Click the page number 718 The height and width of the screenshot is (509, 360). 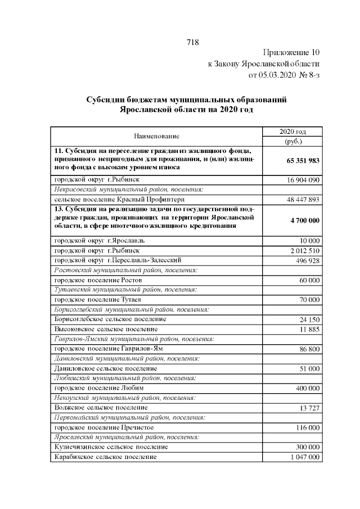[192, 43]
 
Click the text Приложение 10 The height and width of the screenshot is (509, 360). [290, 53]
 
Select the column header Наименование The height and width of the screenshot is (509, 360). [156, 137]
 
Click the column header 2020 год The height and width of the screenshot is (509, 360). [292, 132]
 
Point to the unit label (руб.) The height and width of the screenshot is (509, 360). [292, 142]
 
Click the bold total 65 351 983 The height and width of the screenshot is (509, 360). [303, 160]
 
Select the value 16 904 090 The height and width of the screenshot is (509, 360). [303, 180]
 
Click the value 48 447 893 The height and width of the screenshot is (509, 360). [303, 200]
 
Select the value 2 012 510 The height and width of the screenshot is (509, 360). [305, 250]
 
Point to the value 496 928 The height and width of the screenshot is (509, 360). [307, 260]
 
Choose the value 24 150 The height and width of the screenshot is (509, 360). [309, 319]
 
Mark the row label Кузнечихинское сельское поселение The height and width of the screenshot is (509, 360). [110, 447]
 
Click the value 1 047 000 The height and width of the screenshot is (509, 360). [305, 457]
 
